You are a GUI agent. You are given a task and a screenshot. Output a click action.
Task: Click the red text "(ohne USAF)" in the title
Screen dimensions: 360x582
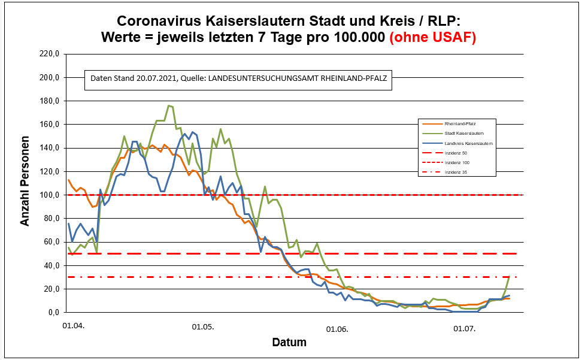click(x=432, y=37)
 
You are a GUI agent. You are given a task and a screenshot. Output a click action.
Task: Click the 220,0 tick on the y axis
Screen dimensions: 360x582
click(x=47, y=54)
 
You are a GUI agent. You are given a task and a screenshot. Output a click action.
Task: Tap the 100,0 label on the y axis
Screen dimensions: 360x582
click(x=47, y=195)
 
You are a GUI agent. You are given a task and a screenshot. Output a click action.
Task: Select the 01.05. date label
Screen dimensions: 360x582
click(x=203, y=327)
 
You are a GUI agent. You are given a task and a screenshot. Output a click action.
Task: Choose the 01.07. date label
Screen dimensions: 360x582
click(x=464, y=327)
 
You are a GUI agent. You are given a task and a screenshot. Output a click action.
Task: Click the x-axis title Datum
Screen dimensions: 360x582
click(x=289, y=343)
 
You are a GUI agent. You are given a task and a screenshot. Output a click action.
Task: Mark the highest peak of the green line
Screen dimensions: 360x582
click(x=169, y=106)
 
